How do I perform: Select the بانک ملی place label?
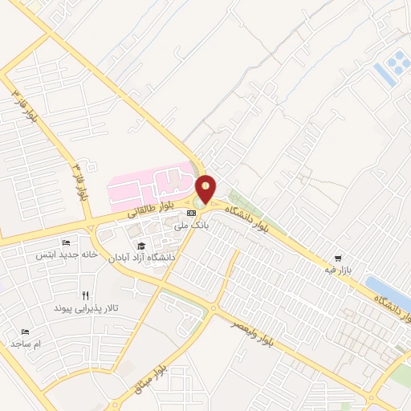[192, 227]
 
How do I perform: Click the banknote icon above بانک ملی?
[191, 213]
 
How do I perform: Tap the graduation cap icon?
[141, 246]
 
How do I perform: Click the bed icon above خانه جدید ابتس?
[66, 242]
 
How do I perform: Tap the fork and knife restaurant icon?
[85, 295]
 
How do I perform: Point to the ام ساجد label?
[26, 344]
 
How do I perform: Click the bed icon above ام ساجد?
[25, 331]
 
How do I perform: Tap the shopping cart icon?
[339, 258]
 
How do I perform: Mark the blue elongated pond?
[387, 294]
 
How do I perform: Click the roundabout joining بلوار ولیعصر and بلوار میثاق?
[214, 309]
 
